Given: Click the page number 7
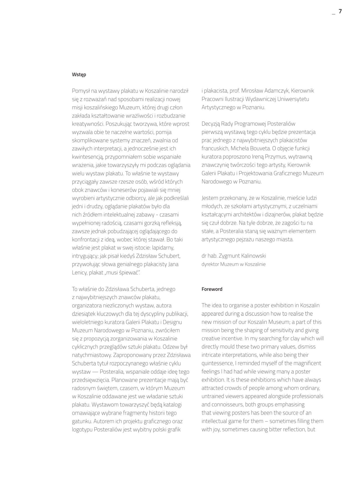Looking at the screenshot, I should click(340, 11).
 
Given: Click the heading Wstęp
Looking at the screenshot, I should click(79, 74).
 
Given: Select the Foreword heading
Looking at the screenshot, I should click(212, 289).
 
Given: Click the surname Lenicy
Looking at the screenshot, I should click(79, 272).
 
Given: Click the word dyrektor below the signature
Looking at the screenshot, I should click(210, 264).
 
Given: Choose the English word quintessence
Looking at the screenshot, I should click(218, 363).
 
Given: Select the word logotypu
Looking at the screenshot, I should click(82, 430).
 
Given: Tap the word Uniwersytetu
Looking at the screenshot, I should click(293, 99).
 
